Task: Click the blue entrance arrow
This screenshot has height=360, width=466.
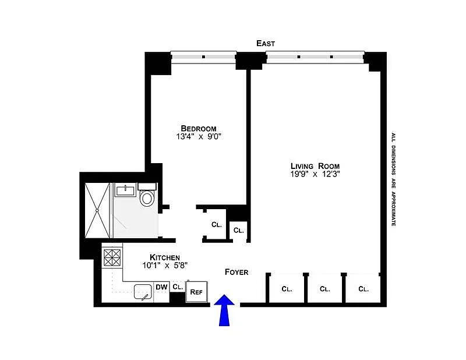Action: click(x=224, y=310)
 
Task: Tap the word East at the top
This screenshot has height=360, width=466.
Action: click(x=266, y=44)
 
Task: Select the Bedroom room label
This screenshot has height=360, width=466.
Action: click(x=199, y=128)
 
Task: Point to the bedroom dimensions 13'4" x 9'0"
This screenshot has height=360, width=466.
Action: click(x=199, y=136)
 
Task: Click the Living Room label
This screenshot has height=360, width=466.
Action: click(x=315, y=166)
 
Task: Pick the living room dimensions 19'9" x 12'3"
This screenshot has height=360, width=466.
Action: click(x=315, y=174)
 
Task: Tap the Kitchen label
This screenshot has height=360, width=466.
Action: click(x=165, y=257)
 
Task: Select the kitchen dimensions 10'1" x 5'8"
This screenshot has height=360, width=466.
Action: click(x=165, y=265)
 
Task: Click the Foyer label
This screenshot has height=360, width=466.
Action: click(x=236, y=272)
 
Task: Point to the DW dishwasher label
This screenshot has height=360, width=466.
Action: click(x=162, y=287)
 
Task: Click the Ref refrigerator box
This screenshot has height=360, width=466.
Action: click(x=196, y=292)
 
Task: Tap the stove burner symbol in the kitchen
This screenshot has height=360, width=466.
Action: click(x=112, y=257)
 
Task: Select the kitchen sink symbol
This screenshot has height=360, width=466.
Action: click(x=143, y=292)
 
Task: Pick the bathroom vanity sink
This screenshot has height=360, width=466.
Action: click(x=126, y=190)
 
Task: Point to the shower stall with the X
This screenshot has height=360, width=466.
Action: click(x=97, y=210)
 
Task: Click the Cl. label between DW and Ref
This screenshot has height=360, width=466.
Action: click(x=178, y=287)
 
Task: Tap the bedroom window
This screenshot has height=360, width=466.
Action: click(x=203, y=57)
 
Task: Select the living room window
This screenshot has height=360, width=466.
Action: click(x=315, y=57)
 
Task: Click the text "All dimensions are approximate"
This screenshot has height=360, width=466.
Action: click(x=394, y=179)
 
